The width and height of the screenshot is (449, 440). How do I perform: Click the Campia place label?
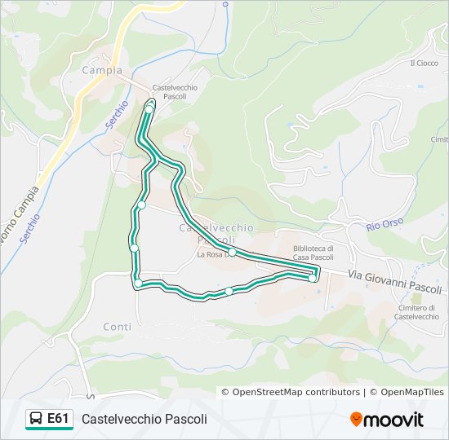(102, 70)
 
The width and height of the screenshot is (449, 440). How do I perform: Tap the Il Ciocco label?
(425, 63)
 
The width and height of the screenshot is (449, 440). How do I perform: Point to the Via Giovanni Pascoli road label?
(394, 282)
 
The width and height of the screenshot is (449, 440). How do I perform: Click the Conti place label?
(117, 327)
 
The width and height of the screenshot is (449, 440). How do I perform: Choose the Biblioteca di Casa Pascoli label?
(313, 253)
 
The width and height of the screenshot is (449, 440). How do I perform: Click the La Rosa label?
(211, 254)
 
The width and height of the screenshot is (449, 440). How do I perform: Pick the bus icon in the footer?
(37, 419)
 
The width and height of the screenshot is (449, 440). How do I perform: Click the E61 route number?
(58, 419)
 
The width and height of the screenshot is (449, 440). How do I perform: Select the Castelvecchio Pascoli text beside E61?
(144, 419)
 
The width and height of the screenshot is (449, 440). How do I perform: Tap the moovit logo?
(387, 420)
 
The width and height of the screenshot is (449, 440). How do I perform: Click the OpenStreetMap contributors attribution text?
(296, 392)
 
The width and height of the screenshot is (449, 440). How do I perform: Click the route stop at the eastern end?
(313, 279)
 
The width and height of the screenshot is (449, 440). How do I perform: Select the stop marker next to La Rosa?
(232, 253)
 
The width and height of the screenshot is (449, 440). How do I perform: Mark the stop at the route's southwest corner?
(139, 283)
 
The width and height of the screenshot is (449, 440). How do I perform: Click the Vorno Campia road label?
(18, 213)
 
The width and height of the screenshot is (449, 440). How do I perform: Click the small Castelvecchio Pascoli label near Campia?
(170, 91)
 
